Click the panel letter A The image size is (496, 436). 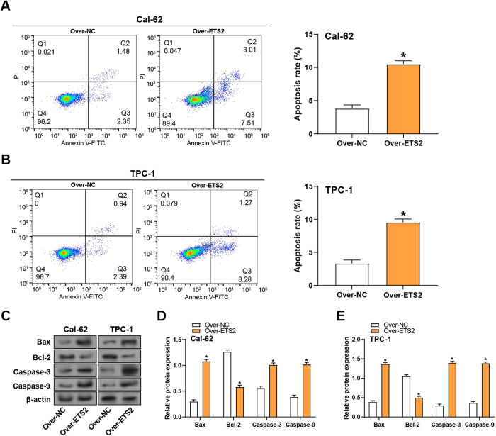tap(8, 6)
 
